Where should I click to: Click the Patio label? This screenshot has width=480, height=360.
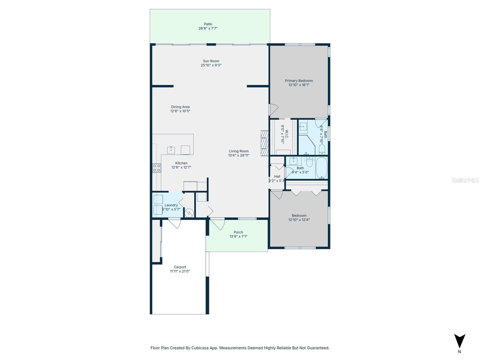click(208, 24)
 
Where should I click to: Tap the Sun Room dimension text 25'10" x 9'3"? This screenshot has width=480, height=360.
click(211, 65)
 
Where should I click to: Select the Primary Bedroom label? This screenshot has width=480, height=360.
click(299, 81)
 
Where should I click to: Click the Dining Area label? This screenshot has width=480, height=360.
click(180, 107)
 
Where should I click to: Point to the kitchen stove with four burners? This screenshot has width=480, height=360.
click(157, 168)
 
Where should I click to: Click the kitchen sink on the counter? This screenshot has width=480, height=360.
click(171, 150)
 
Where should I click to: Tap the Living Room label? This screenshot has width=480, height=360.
click(239, 151)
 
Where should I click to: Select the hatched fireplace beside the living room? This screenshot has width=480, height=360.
click(264, 143)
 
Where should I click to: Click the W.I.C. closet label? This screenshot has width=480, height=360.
click(286, 134)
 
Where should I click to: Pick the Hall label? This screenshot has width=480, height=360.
click(277, 176)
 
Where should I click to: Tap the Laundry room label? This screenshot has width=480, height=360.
click(171, 205)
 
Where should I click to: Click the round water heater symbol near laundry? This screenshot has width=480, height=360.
click(189, 213)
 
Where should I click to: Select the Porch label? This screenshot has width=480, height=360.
click(238, 232)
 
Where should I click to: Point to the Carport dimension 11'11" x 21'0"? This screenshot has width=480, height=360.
click(180, 271)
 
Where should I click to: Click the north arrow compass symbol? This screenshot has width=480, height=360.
click(459, 341)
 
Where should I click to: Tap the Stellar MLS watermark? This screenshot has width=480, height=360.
click(465, 180)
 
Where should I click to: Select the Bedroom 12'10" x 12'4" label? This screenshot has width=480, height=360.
click(299, 215)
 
